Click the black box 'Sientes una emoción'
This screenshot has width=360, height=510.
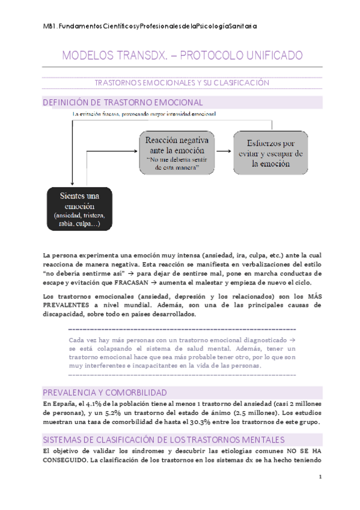click(x=76, y=209)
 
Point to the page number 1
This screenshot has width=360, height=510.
click(x=320, y=478)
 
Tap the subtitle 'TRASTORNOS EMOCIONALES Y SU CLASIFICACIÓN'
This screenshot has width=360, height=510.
click(x=182, y=82)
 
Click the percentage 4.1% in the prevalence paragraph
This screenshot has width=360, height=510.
click(x=96, y=404)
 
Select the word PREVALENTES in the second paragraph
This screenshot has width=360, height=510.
click(x=69, y=306)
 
